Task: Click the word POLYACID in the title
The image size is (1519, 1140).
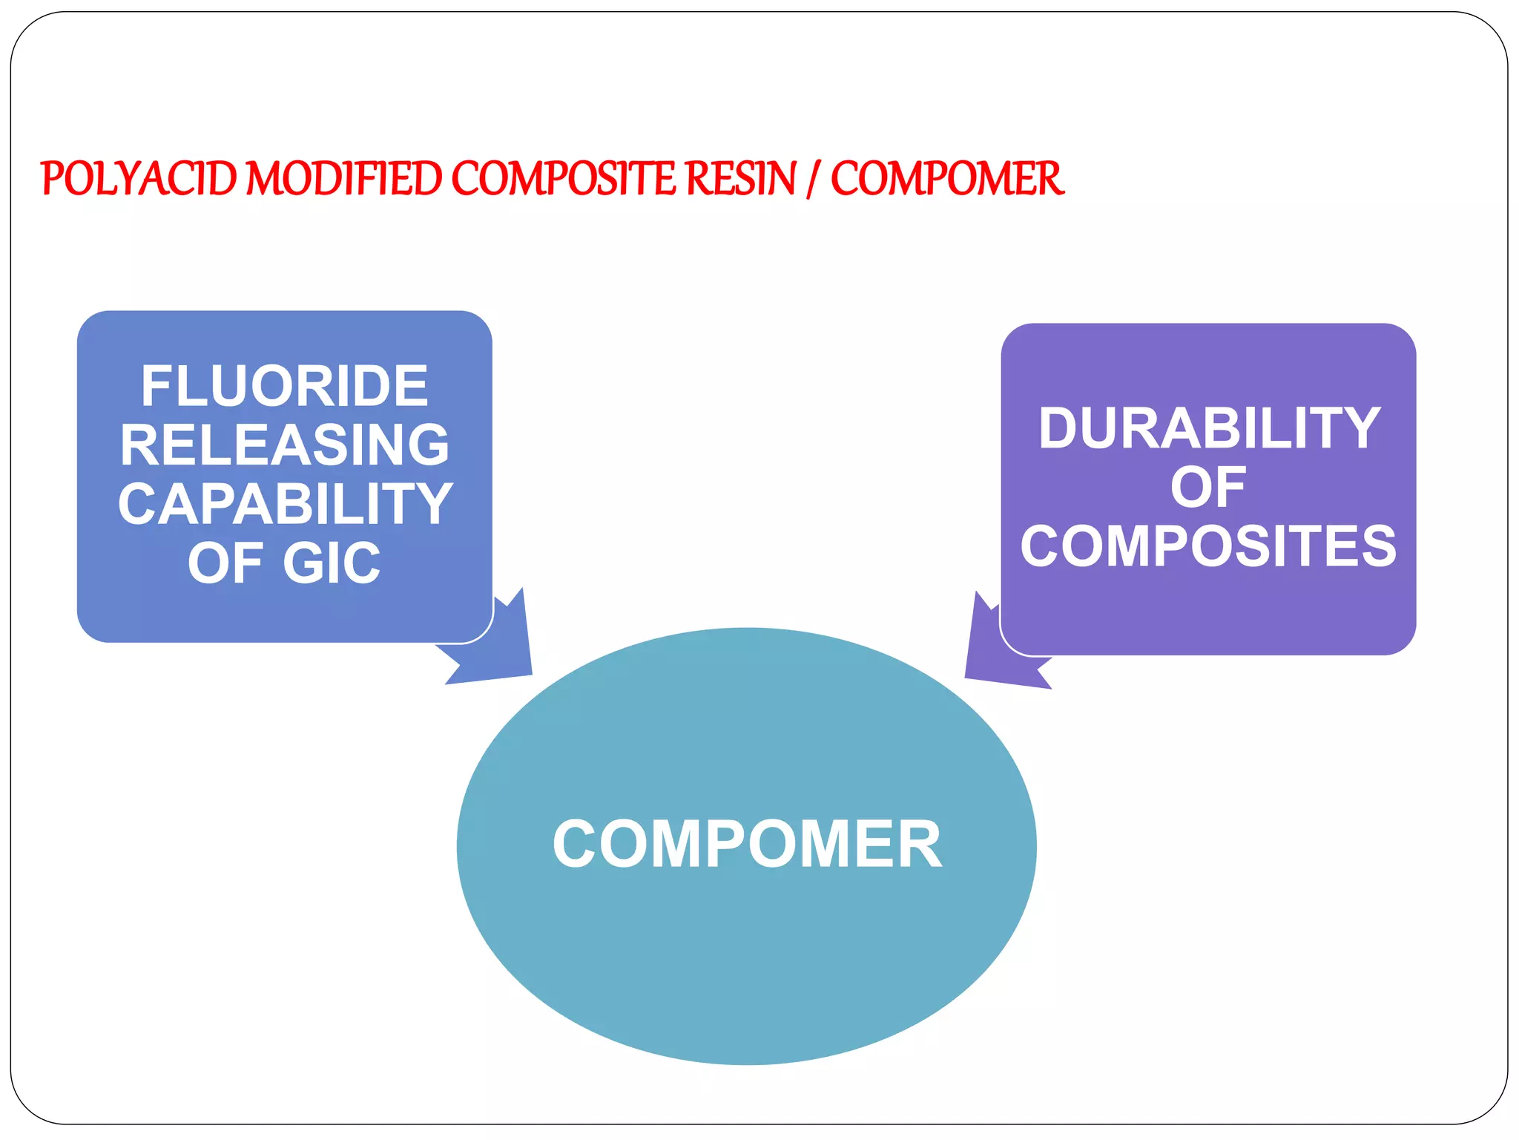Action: (139, 179)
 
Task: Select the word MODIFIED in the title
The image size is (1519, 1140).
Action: (343, 179)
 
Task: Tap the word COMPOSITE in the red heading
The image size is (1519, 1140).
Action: (564, 179)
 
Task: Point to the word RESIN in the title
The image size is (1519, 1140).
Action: (741, 179)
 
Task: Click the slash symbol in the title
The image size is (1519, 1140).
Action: (814, 180)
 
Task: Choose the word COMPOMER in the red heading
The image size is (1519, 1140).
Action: (946, 179)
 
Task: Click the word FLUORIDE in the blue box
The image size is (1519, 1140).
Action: (285, 386)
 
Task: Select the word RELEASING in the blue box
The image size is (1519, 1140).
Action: (285, 445)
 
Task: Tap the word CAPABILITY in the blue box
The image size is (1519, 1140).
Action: (285, 504)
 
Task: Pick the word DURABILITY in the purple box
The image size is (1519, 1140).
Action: (1209, 428)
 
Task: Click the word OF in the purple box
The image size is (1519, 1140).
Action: (1208, 488)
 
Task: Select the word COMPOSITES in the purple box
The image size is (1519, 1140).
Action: (1208, 546)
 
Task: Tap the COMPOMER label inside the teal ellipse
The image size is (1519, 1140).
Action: (747, 845)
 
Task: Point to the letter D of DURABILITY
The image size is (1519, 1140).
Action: (1058, 428)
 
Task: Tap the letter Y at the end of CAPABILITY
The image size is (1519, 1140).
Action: (434, 504)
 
